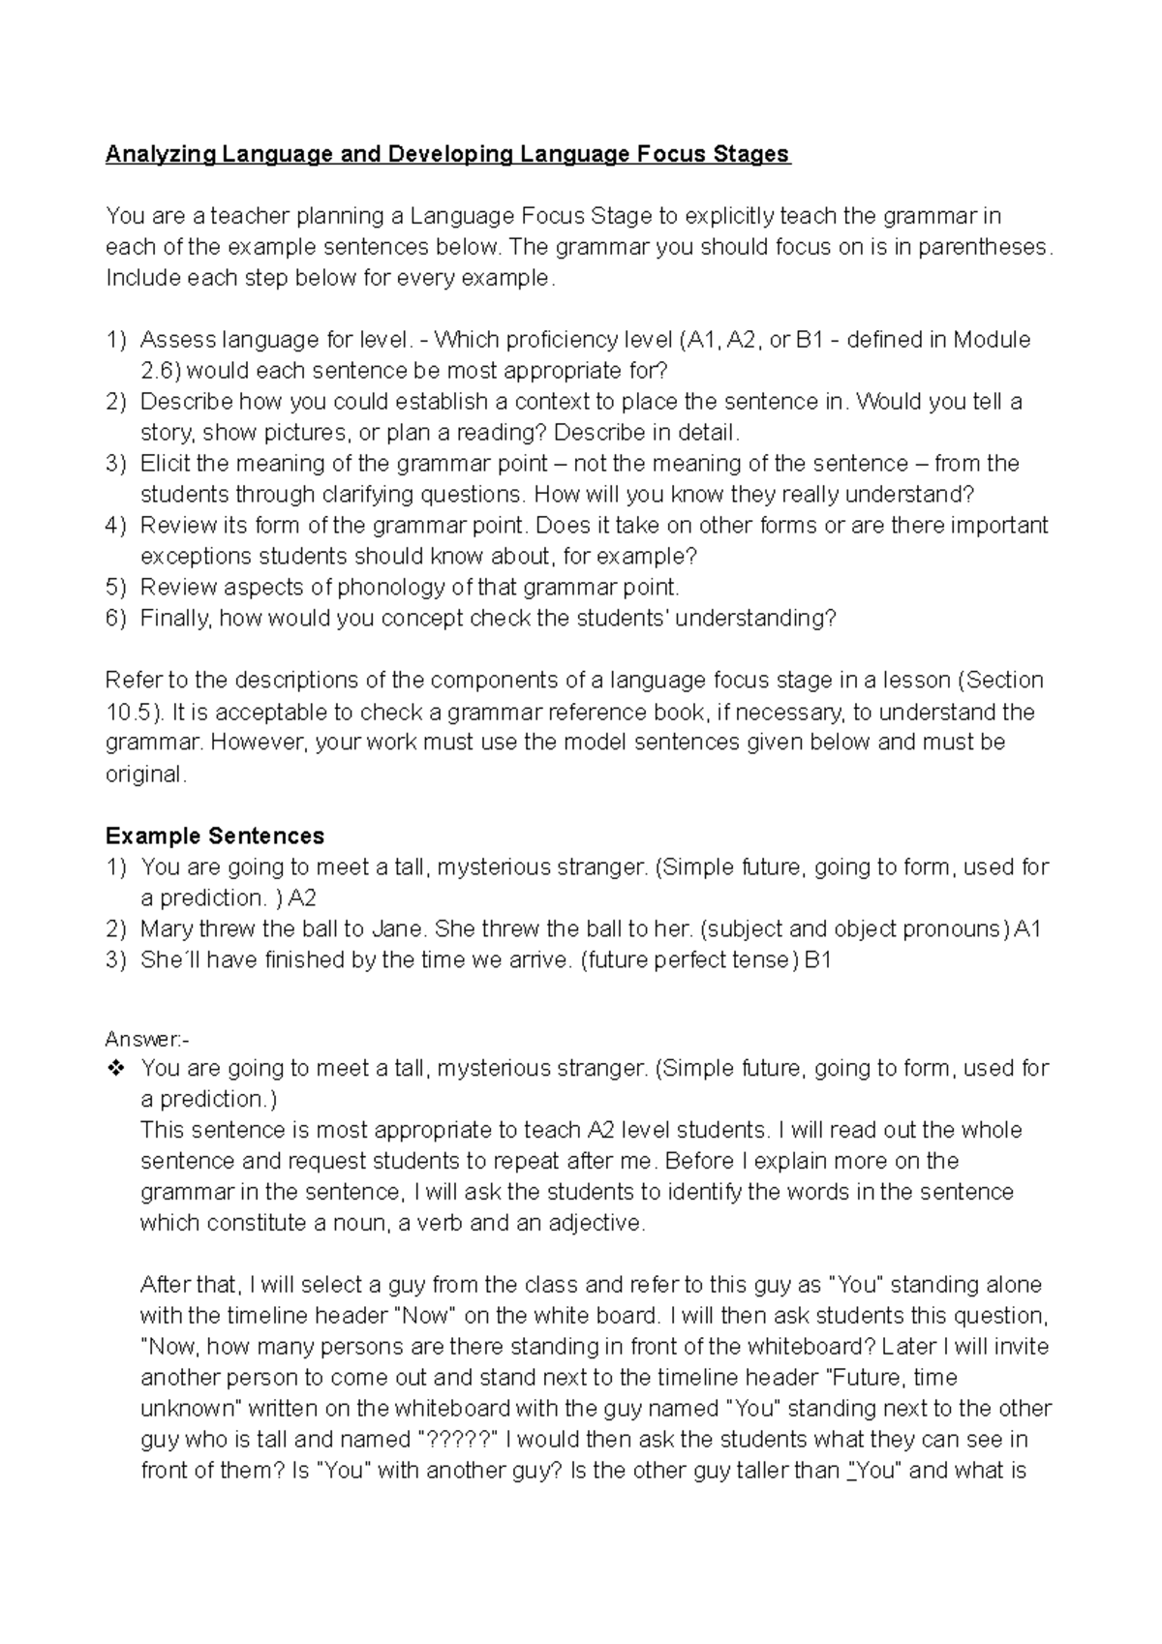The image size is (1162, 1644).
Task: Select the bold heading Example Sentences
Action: point(215,836)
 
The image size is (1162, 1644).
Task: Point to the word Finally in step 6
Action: point(175,618)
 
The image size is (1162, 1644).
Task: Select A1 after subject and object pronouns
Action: point(1026,929)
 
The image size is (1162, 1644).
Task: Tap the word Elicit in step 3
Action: point(165,463)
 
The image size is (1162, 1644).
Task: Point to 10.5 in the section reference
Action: point(127,712)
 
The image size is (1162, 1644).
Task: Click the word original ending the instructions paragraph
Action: point(143,774)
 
